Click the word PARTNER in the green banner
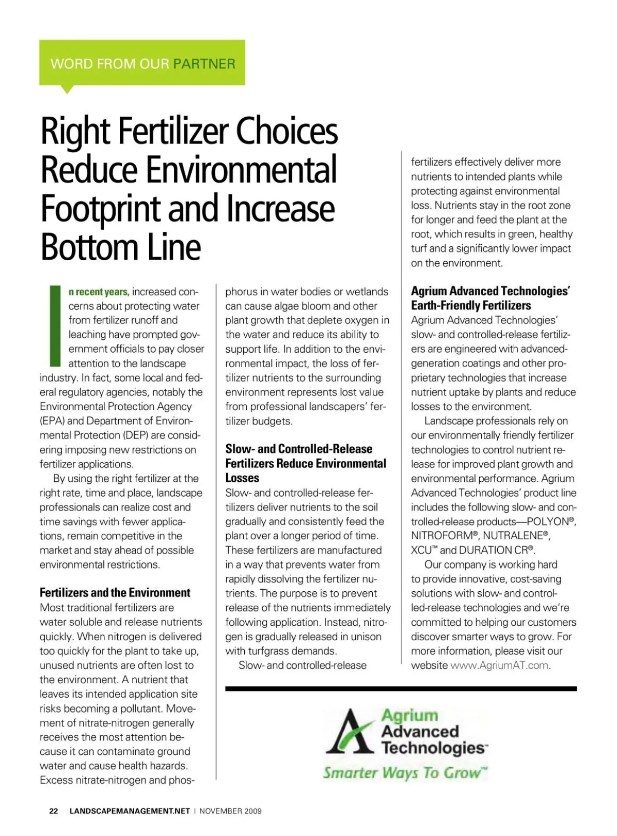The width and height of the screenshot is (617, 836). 204,64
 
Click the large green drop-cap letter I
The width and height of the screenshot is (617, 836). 55,325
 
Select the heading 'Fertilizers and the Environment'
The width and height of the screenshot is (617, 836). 115,592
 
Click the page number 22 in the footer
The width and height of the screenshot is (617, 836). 53,811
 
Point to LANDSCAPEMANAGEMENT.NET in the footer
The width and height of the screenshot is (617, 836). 130,811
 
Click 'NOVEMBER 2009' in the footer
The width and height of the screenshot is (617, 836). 230,811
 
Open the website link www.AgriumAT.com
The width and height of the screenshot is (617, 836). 500,665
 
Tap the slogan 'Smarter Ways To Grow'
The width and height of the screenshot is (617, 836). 405,773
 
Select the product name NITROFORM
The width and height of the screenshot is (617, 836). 441,536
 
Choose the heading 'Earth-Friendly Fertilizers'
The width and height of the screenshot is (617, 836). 470,305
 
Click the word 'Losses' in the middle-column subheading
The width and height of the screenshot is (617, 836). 242,478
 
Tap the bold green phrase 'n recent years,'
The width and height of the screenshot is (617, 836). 98,292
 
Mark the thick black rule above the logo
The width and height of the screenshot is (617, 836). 401,688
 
